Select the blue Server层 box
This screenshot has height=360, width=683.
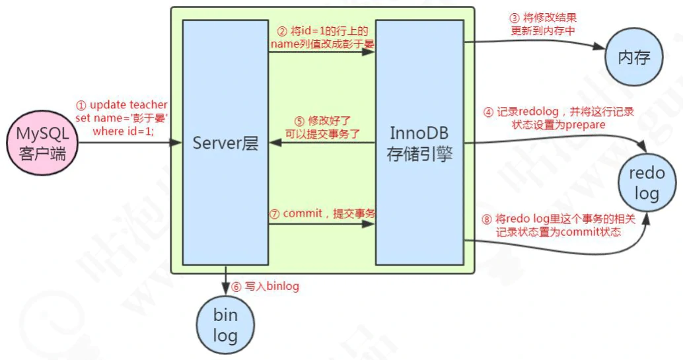(225, 143)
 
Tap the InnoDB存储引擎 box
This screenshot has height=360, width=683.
(419, 143)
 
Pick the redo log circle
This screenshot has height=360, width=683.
(647, 183)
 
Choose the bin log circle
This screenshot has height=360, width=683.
(225, 324)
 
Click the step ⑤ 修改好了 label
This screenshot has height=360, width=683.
(322, 127)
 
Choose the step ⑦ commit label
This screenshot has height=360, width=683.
(322, 213)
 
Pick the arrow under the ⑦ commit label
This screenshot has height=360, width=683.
(322, 225)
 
